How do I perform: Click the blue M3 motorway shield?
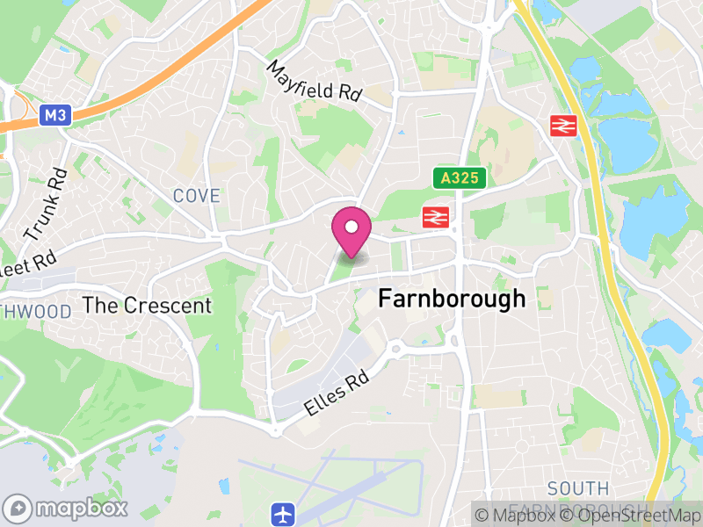click(x=54, y=115)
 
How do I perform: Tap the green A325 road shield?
click(x=460, y=178)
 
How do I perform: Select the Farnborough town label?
click(x=452, y=299)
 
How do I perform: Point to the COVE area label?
click(x=196, y=196)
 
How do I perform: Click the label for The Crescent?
click(x=147, y=306)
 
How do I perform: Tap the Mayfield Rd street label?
click(x=315, y=82)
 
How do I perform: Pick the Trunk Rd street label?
click(x=46, y=206)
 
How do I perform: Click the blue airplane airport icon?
click(x=282, y=512)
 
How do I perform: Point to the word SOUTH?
click(x=577, y=488)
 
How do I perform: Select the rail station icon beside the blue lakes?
click(x=562, y=126)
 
